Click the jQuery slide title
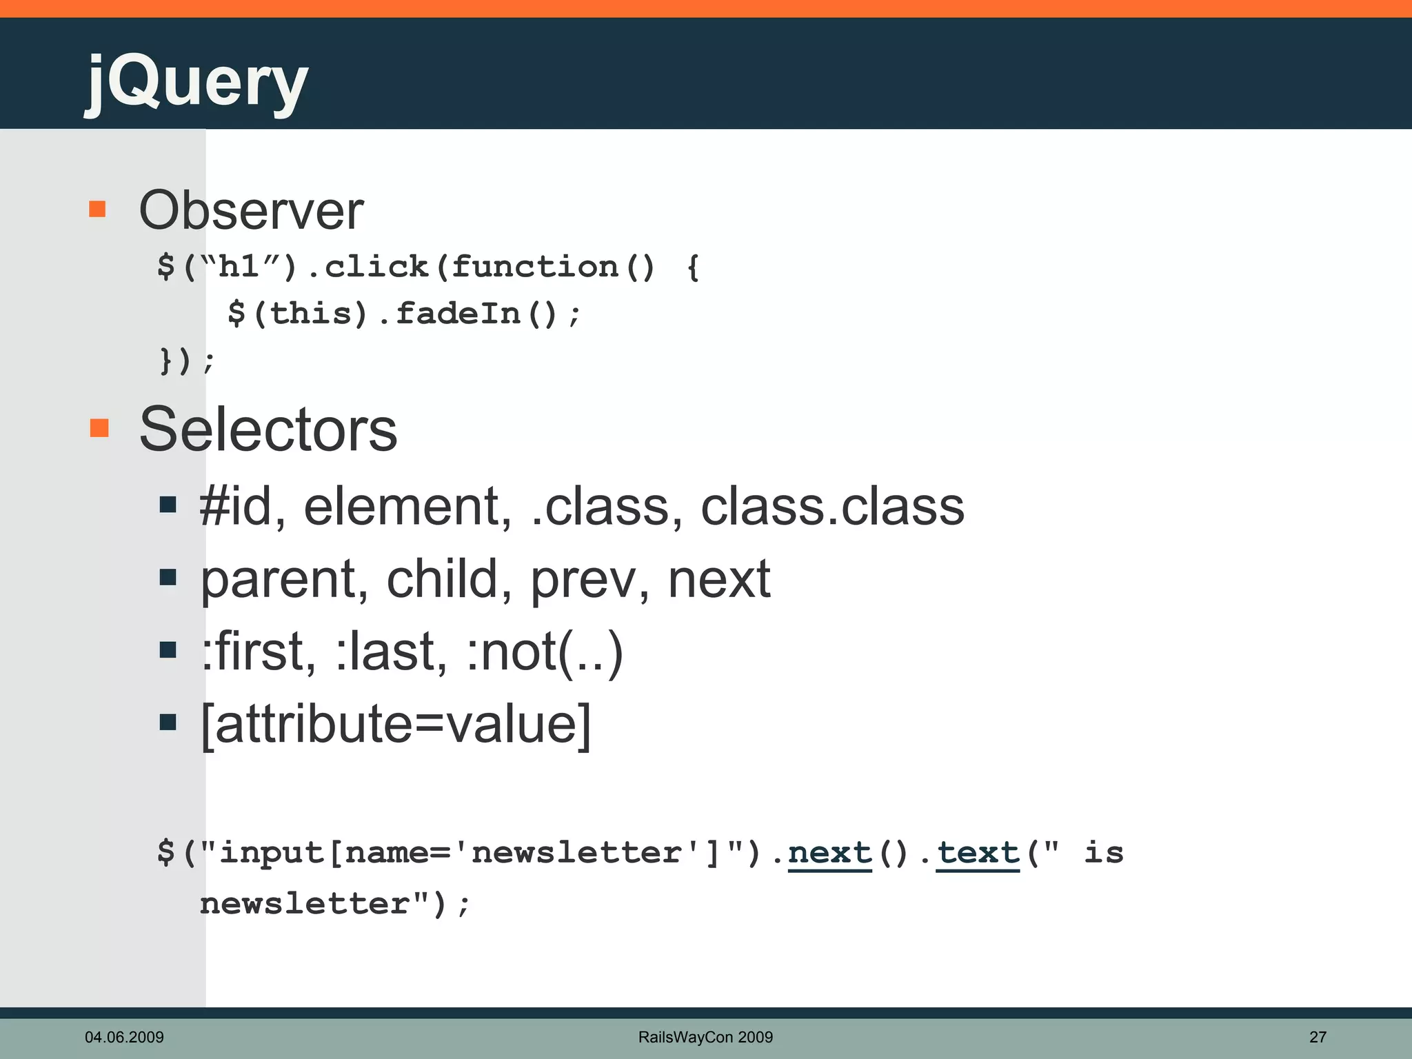click(196, 83)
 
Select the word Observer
click(251, 210)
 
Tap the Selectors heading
click(268, 429)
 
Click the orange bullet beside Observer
click(97, 209)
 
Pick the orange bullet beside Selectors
click(99, 427)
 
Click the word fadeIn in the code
click(458, 314)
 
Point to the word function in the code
click(535, 267)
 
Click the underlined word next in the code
click(830, 854)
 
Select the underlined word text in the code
click(978, 854)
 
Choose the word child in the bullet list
click(442, 579)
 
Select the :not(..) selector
click(545, 652)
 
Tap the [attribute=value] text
click(396, 724)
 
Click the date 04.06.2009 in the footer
click(124, 1037)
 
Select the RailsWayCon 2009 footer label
click(705, 1037)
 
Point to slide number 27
click(1318, 1037)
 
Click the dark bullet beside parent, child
click(168, 578)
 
